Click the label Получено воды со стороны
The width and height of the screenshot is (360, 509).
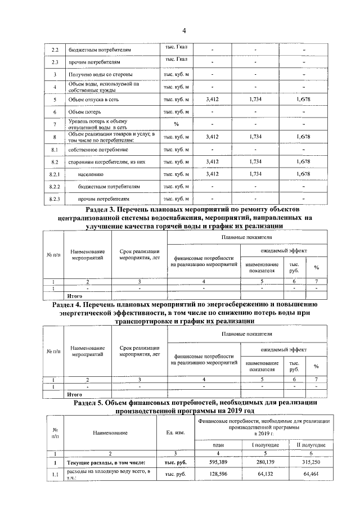click(x=100, y=75)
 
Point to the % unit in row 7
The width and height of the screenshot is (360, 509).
click(x=176, y=124)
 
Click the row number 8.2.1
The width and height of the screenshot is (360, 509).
click(x=55, y=174)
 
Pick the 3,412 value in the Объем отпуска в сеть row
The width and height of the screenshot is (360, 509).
click(x=213, y=100)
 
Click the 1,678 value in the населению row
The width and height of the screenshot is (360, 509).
click(x=303, y=174)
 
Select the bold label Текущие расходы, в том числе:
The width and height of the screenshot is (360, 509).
click(x=106, y=463)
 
